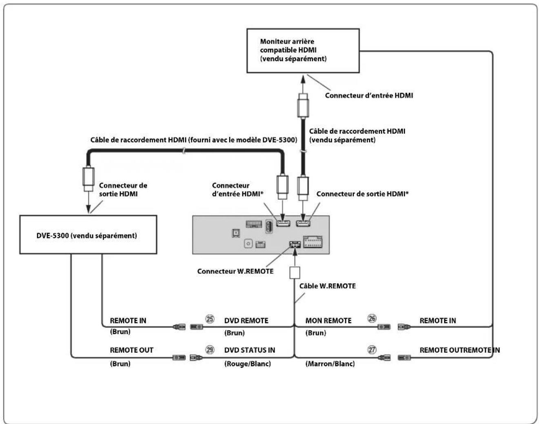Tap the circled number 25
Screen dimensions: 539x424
tap(210, 319)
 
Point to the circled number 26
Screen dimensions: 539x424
tap(372, 318)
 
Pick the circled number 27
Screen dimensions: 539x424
tap(372, 350)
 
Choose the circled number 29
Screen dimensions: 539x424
tap(210, 350)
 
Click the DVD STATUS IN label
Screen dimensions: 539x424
tap(249, 350)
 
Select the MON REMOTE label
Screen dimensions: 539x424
tap(328, 320)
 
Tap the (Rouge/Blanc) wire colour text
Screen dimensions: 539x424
tap(247, 364)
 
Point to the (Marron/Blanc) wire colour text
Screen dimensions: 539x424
tap(330, 364)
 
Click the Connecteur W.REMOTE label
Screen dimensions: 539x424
tap(235, 271)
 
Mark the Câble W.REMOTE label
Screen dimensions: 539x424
tap(327, 286)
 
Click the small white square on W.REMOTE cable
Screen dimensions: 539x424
tap(295, 273)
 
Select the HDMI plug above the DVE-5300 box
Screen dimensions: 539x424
tap(89, 179)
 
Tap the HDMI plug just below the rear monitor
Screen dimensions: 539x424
tap(303, 105)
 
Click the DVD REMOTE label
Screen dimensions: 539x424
tap(246, 320)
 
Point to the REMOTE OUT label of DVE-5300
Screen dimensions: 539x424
tap(131, 350)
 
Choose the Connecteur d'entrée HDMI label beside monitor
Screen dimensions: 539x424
tap(369, 95)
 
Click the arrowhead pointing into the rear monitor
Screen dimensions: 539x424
tap(303, 79)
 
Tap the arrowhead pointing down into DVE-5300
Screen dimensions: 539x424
tap(89, 209)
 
